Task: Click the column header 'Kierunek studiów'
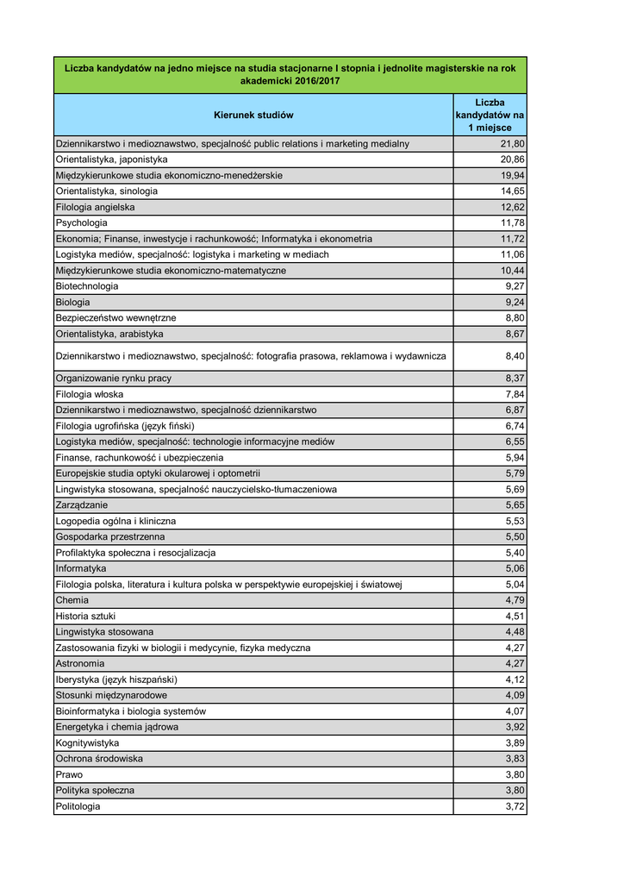click(x=253, y=115)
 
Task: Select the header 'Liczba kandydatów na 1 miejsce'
click(x=490, y=115)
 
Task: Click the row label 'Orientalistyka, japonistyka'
click(x=111, y=160)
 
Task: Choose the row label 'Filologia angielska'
click(x=95, y=207)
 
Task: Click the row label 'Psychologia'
click(x=81, y=223)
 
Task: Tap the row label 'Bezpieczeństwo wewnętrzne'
click(x=115, y=318)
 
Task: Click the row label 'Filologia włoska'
click(x=90, y=394)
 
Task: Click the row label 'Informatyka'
click(x=81, y=569)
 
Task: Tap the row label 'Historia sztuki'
click(x=85, y=617)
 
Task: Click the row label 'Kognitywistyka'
click(x=87, y=743)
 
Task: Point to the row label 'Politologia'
click(x=78, y=806)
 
